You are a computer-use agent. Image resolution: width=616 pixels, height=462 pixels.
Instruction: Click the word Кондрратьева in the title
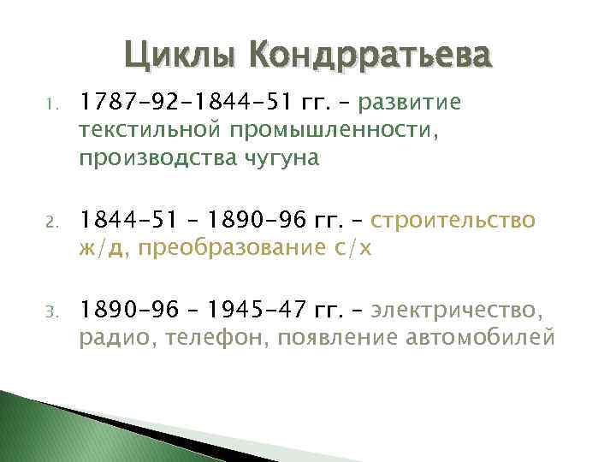(371, 58)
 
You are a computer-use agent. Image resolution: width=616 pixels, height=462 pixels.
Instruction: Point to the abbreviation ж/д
(102, 250)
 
